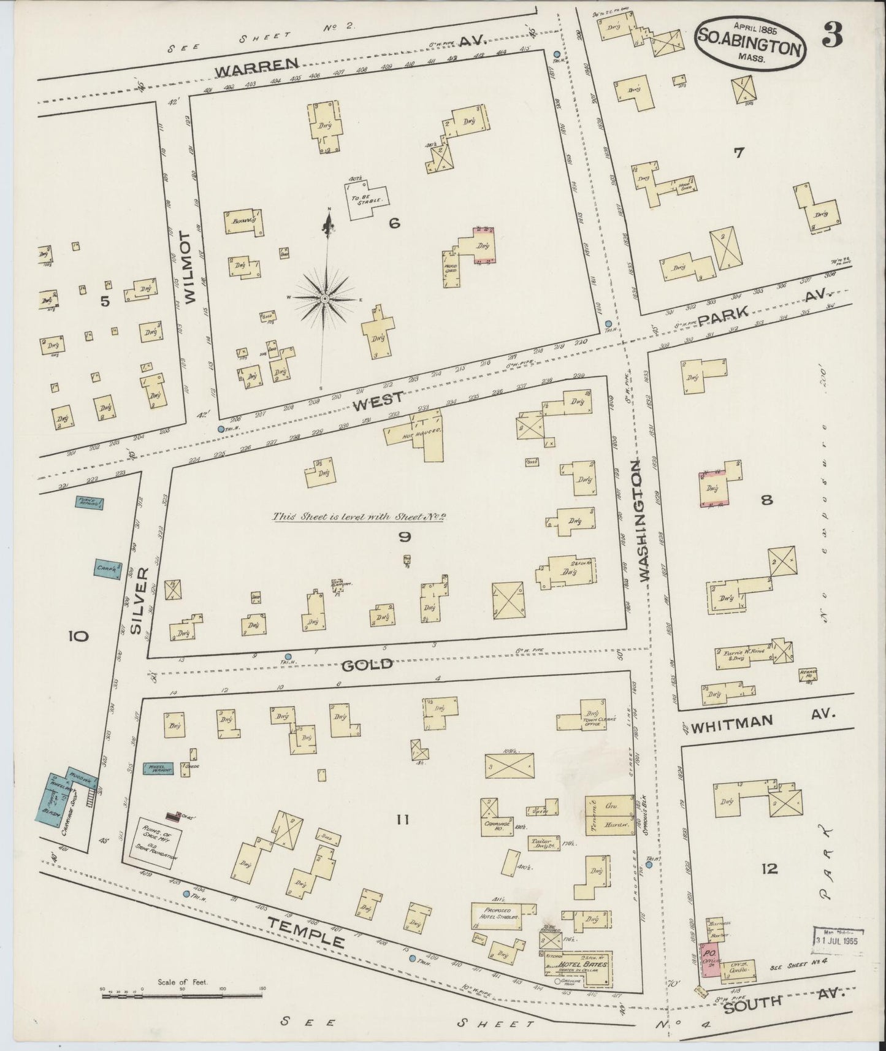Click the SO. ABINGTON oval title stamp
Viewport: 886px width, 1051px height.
[x=749, y=44]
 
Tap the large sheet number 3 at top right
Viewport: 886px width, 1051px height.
[x=832, y=37]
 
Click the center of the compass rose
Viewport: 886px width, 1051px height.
[x=324, y=298]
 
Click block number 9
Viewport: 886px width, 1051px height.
[x=404, y=538]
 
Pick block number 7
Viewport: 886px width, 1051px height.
[x=738, y=153]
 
